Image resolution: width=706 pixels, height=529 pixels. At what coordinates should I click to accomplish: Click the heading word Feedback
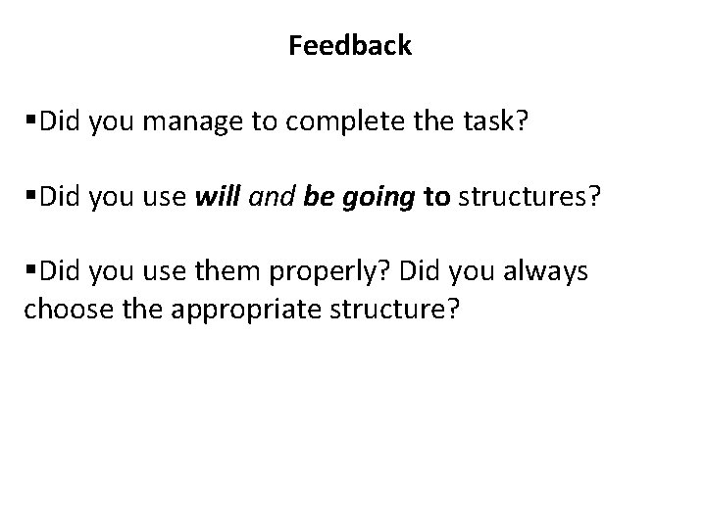click(350, 45)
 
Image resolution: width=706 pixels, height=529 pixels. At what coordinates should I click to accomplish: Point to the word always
click(548, 272)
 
